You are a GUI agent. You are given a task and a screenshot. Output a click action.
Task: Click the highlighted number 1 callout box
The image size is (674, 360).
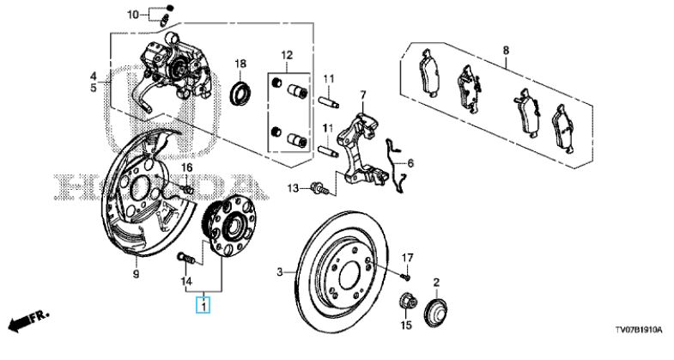pyautogui.click(x=203, y=305)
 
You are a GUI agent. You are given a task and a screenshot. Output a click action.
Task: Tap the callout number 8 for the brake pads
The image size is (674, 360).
pyautogui.click(x=506, y=51)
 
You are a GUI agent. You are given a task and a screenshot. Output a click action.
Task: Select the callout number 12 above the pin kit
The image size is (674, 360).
pyautogui.click(x=287, y=56)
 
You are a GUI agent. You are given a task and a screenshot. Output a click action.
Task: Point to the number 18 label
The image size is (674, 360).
pyautogui.click(x=240, y=64)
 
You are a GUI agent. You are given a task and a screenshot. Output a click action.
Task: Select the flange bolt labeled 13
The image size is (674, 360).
pyautogui.click(x=319, y=188)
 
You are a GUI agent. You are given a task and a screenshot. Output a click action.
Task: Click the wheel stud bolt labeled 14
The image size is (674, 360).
pyautogui.click(x=186, y=259)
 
